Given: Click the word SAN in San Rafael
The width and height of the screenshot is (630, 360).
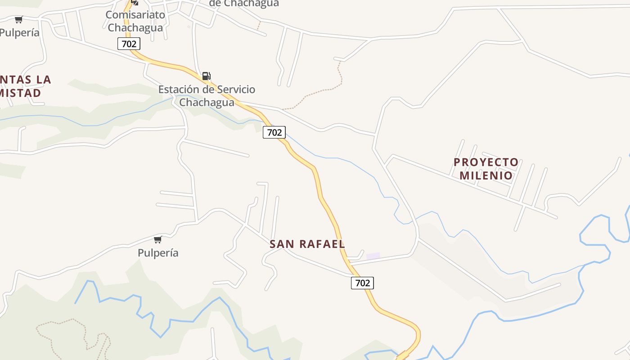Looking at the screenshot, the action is click(x=282, y=244).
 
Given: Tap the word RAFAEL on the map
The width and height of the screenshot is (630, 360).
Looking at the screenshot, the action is click(x=322, y=244).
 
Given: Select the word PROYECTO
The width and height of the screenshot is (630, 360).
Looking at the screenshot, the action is click(x=486, y=162).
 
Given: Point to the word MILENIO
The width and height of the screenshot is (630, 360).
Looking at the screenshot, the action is click(x=486, y=175).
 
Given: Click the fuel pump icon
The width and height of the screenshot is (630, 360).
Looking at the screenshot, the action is click(x=206, y=76).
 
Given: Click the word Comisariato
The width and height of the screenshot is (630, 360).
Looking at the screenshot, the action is click(x=135, y=15).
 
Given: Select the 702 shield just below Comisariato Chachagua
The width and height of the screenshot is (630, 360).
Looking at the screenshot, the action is click(x=129, y=44).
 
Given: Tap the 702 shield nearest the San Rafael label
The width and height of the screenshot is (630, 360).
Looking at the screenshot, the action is click(x=362, y=283).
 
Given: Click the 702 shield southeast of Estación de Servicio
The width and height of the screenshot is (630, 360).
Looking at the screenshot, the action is click(x=274, y=132).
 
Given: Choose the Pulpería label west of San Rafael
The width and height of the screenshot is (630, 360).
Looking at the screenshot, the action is click(x=158, y=253).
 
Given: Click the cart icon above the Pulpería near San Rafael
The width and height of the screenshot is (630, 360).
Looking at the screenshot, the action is click(x=157, y=239).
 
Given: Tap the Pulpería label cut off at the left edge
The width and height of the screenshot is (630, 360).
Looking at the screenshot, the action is click(x=20, y=33).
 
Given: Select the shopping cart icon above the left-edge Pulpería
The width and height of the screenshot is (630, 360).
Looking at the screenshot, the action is click(x=18, y=20).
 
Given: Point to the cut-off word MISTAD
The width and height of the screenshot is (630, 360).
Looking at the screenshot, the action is click(x=21, y=93).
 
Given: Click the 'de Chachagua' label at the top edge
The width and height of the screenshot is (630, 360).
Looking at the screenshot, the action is click(x=244, y=4).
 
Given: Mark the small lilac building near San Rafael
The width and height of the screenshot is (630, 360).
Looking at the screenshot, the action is click(x=373, y=256).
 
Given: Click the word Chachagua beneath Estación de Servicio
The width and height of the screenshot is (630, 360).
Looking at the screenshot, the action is click(x=207, y=103).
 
